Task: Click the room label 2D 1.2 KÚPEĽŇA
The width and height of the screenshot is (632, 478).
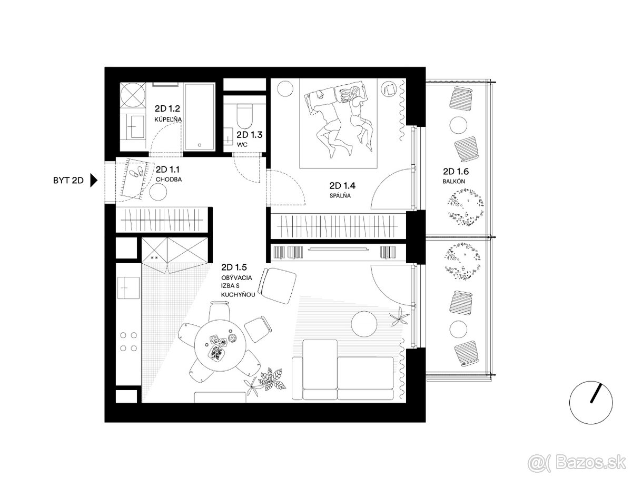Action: click(x=168, y=113)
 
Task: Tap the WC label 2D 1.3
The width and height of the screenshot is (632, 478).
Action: click(x=249, y=139)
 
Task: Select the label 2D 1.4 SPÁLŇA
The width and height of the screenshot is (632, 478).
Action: click(x=342, y=190)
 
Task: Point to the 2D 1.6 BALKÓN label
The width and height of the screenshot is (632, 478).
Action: click(x=456, y=175)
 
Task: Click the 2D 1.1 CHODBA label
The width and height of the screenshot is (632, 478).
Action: click(x=169, y=174)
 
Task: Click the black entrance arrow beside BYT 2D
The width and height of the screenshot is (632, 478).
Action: click(x=94, y=180)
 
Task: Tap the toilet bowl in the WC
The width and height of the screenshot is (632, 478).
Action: click(x=244, y=116)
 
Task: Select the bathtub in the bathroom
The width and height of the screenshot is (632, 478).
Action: click(x=199, y=116)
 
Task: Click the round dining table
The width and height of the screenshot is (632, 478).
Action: click(x=220, y=346)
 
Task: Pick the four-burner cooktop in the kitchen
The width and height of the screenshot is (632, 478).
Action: click(x=128, y=342)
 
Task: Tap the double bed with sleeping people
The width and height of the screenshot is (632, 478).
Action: click(x=338, y=123)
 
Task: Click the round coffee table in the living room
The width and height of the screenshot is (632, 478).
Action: click(x=364, y=323)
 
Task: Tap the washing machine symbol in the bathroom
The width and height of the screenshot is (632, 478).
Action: click(x=132, y=96)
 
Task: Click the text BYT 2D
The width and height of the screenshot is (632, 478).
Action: click(x=68, y=181)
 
